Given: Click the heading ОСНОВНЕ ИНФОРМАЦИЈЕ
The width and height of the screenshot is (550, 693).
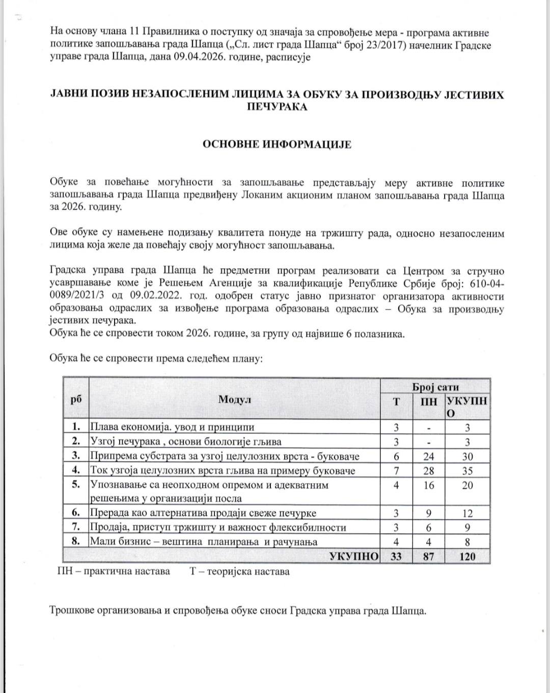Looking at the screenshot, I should click(x=277, y=144).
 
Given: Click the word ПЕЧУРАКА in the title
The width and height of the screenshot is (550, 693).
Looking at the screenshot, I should click(x=277, y=107).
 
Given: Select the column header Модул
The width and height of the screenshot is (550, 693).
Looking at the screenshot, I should click(x=235, y=399).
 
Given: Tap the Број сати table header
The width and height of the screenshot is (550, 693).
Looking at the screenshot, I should click(x=435, y=386).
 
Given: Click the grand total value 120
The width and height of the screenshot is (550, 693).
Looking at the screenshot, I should click(x=467, y=557).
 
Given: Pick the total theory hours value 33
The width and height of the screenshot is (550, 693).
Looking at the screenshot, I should click(x=396, y=557).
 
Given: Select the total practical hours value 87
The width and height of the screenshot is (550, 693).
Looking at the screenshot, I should click(x=429, y=557).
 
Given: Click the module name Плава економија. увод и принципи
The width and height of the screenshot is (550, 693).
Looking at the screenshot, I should click(x=172, y=427).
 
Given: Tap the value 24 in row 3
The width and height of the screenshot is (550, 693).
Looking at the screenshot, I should click(x=429, y=457).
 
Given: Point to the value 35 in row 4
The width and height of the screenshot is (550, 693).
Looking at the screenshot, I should click(x=467, y=471).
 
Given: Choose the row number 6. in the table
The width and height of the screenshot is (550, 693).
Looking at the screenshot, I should click(x=76, y=513).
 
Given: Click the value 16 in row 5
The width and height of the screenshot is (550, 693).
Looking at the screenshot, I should click(x=429, y=485).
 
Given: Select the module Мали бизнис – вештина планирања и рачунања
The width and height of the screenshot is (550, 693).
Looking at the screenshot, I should click(x=204, y=542).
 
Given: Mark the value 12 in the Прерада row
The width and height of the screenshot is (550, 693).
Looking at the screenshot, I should click(x=467, y=514).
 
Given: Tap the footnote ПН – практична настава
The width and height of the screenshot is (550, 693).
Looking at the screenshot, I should click(x=114, y=571).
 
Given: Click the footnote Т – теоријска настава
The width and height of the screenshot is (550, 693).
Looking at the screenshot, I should click(x=240, y=571).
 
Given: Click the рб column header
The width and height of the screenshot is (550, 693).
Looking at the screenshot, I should click(x=76, y=399).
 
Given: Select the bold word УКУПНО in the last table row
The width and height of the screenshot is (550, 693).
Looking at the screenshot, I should click(x=354, y=557).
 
